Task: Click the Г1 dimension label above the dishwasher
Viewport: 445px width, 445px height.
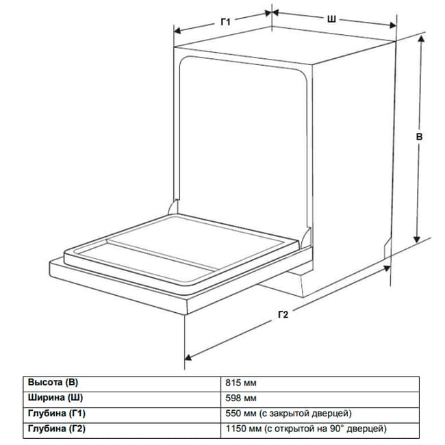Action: [x=226, y=22]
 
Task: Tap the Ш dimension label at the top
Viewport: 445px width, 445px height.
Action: [x=331, y=19]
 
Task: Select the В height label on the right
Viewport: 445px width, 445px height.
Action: [x=419, y=137]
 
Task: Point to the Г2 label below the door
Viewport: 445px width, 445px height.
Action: [x=283, y=314]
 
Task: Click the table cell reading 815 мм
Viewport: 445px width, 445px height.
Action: [x=241, y=383]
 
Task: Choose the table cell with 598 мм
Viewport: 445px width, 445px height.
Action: [x=241, y=398]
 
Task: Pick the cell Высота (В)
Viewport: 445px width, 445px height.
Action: [x=53, y=382]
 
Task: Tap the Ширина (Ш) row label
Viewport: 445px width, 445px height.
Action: [x=55, y=398]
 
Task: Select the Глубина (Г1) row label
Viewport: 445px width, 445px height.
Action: [x=56, y=414]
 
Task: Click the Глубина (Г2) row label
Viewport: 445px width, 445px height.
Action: [x=56, y=429]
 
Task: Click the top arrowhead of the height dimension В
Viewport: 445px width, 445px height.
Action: [x=421, y=39]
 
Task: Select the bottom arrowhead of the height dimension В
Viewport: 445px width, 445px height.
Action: [x=417, y=239]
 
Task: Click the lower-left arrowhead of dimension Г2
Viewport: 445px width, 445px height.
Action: [x=188, y=357]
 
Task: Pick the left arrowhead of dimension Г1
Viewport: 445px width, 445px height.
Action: [x=177, y=30]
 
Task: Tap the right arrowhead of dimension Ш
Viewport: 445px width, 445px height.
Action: [x=393, y=25]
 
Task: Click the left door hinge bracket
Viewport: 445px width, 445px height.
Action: [x=173, y=207]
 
